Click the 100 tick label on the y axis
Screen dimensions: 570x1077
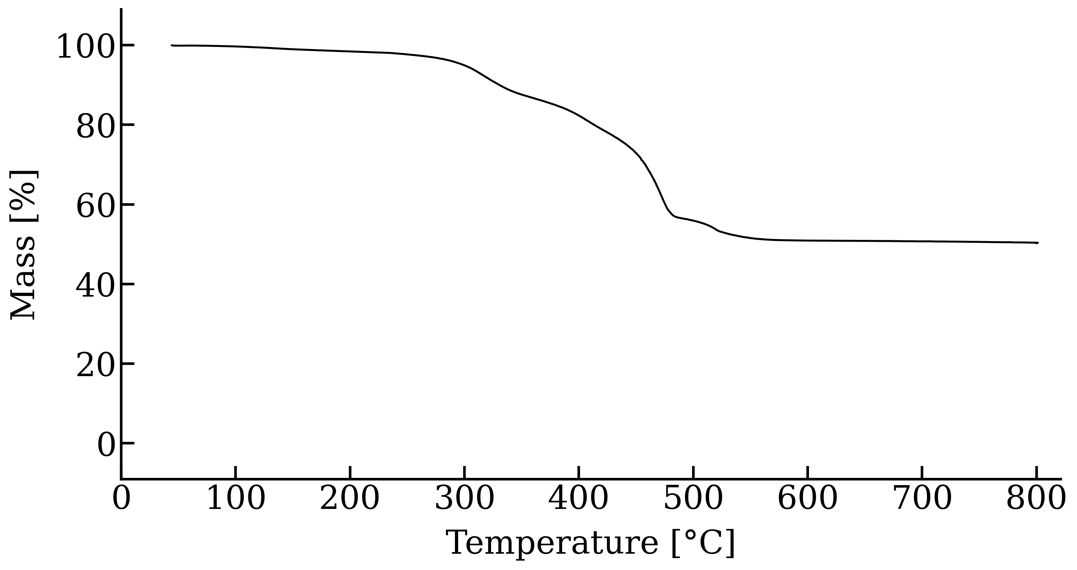85,47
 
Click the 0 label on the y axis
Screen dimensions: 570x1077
106,445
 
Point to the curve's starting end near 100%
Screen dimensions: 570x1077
172,45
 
